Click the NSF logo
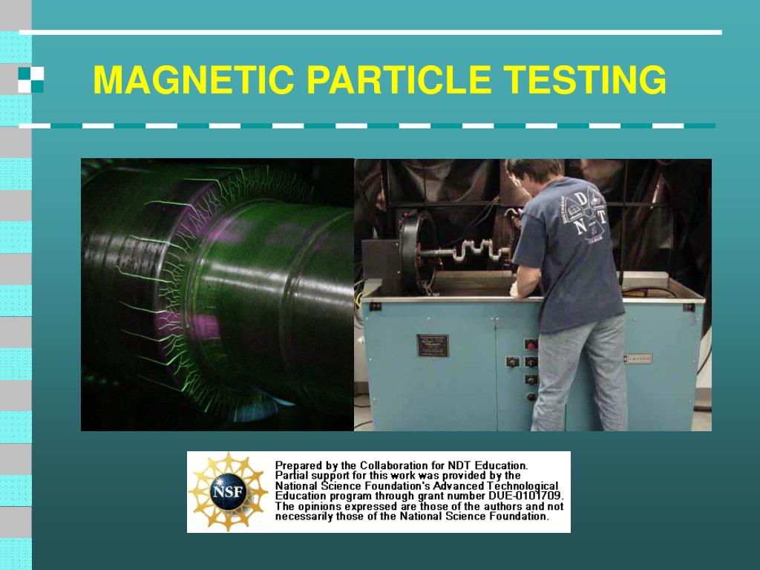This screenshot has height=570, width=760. [x=228, y=491]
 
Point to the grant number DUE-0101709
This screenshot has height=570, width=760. [x=527, y=496]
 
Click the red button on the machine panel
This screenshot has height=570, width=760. [x=531, y=344]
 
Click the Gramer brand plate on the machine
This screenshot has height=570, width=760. [x=636, y=359]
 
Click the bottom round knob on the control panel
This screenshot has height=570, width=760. [x=531, y=396]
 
